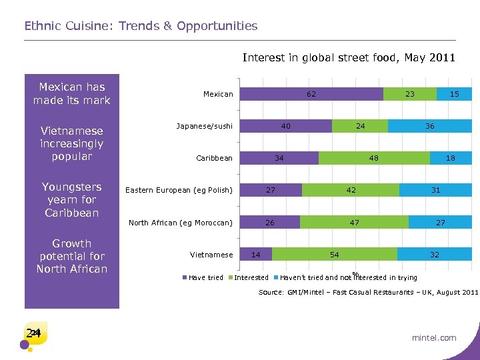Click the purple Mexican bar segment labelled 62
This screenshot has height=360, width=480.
click(311, 94)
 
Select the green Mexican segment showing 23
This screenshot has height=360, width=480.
click(410, 94)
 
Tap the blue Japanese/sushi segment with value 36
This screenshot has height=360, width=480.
click(430, 126)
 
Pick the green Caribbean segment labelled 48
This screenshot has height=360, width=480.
click(374, 158)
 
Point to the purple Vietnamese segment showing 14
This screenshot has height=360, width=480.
click(256, 254)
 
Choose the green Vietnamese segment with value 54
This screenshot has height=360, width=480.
click(335, 254)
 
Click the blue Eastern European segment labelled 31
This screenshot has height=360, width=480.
click(435, 190)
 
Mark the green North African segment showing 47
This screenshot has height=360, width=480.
click(354, 222)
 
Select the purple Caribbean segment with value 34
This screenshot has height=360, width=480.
click(279, 158)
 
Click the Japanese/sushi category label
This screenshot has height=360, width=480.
click(205, 126)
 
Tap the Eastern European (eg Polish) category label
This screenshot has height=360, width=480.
click(179, 191)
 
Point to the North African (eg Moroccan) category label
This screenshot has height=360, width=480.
click(181, 223)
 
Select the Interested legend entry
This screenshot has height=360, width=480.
click(251, 277)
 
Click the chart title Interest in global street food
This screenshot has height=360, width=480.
click(349, 57)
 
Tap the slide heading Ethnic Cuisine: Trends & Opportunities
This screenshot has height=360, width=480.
click(141, 26)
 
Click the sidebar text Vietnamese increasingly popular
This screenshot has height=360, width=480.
click(72, 143)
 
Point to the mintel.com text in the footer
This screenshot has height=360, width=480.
click(434, 337)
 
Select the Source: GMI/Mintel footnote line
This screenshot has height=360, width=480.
click(368, 293)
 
